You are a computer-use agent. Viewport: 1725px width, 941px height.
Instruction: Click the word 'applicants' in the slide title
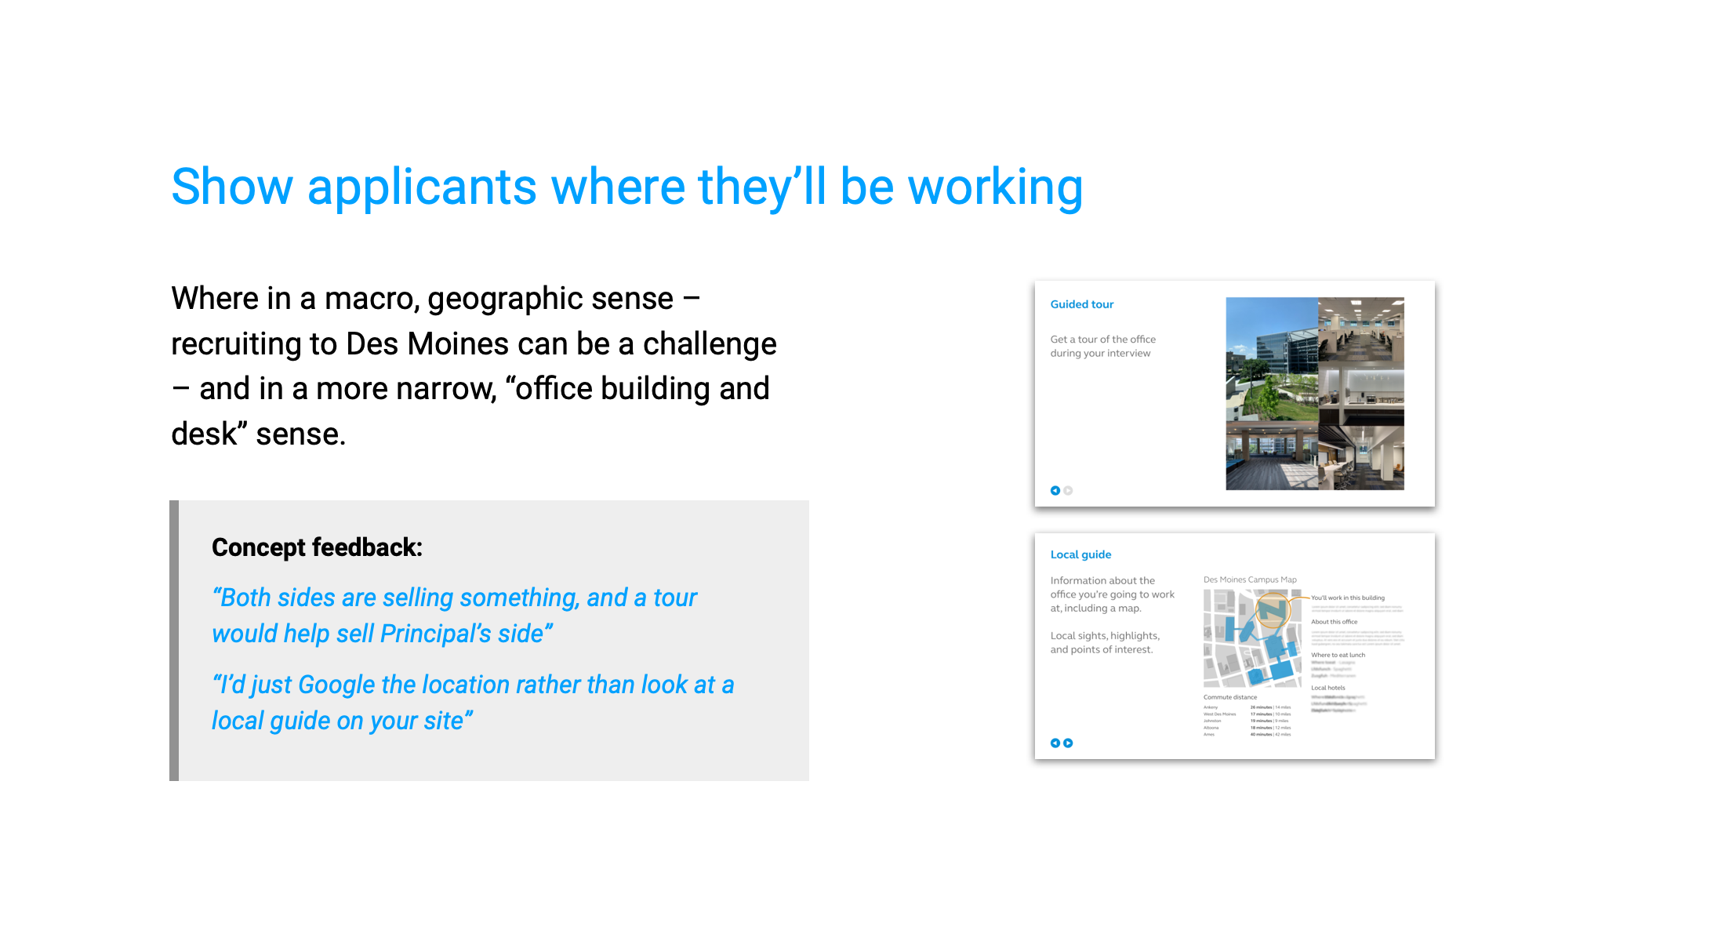click(421, 187)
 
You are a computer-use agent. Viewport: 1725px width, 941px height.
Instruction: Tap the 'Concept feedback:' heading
click(317, 547)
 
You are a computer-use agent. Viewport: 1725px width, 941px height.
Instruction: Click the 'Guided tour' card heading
click(1081, 304)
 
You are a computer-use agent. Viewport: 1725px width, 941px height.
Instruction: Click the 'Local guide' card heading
click(1080, 554)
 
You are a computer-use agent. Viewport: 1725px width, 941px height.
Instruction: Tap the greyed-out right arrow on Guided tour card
click(1068, 491)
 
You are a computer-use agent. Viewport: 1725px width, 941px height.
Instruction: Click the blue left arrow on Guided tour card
click(1055, 491)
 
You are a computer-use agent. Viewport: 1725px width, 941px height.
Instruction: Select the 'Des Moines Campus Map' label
click(1250, 579)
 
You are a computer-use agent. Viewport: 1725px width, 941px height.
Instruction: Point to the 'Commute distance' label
click(1229, 697)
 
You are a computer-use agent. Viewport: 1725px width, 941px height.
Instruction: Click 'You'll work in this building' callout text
click(1348, 598)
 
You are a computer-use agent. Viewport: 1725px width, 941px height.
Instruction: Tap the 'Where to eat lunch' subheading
click(1338, 655)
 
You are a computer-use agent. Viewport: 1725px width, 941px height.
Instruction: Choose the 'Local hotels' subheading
click(1327, 688)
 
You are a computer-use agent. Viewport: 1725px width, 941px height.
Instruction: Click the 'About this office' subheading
click(1334, 622)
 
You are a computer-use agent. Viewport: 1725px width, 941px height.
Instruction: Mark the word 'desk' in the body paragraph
click(204, 434)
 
